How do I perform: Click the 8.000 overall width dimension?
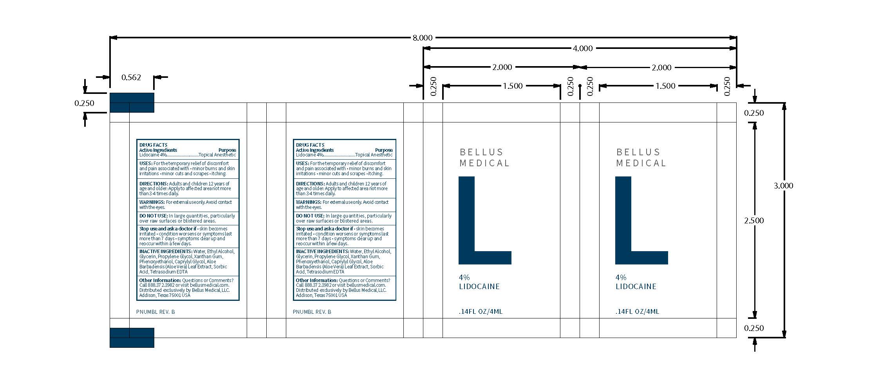pos(423,38)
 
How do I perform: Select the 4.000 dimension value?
pos(583,49)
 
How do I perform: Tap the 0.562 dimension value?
pos(131,77)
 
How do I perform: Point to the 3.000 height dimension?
pos(783,186)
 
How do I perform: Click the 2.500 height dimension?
pos(754,221)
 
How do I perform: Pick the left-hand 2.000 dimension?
pos(502,67)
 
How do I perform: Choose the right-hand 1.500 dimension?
pos(665,86)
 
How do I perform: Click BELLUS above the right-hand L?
pos(638,152)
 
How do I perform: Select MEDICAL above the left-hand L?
pos(484,163)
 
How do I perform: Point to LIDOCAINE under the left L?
pos(479,287)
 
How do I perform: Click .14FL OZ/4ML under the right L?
pos(637,312)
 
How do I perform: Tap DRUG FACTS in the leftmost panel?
pos(154,145)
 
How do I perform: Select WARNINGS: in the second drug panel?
pos(309,202)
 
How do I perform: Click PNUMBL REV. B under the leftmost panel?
pos(155,312)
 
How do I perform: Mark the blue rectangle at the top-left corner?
pos(132,103)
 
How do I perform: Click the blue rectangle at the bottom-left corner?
pos(132,338)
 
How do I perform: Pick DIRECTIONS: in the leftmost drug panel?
pos(154,183)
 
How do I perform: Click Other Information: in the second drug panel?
pos(316,281)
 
